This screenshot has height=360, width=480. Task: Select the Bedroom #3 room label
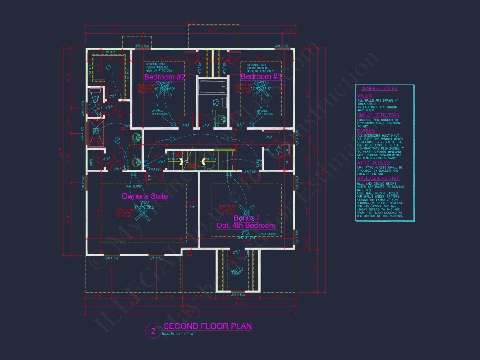click(x=261, y=77)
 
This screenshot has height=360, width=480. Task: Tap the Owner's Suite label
click(x=144, y=196)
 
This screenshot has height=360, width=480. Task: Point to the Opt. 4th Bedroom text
click(x=246, y=226)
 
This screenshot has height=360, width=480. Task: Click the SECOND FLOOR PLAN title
click(x=207, y=326)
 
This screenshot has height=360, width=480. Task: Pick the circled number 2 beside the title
click(x=153, y=331)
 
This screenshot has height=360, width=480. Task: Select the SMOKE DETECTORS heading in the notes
click(x=379, y=116)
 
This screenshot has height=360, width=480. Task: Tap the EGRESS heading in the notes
click(x=366, y=131)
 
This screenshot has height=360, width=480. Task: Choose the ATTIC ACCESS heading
click(x=374, y=163)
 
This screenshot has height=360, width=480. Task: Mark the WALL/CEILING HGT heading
click(x=378, y=178)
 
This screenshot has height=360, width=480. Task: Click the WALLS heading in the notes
click(x=365, y=96)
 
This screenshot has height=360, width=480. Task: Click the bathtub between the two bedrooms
click(x=213, y=86)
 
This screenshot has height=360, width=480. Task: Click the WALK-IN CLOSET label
click(x=236, y=273)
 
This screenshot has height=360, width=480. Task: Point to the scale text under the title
click(x=178, y=334)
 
